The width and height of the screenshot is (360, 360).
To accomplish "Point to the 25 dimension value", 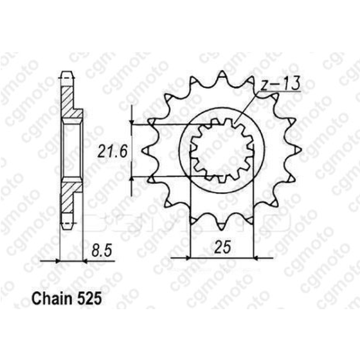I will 222,246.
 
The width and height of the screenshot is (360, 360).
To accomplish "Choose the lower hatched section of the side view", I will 68,199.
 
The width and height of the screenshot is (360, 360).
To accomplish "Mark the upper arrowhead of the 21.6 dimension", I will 133,122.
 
